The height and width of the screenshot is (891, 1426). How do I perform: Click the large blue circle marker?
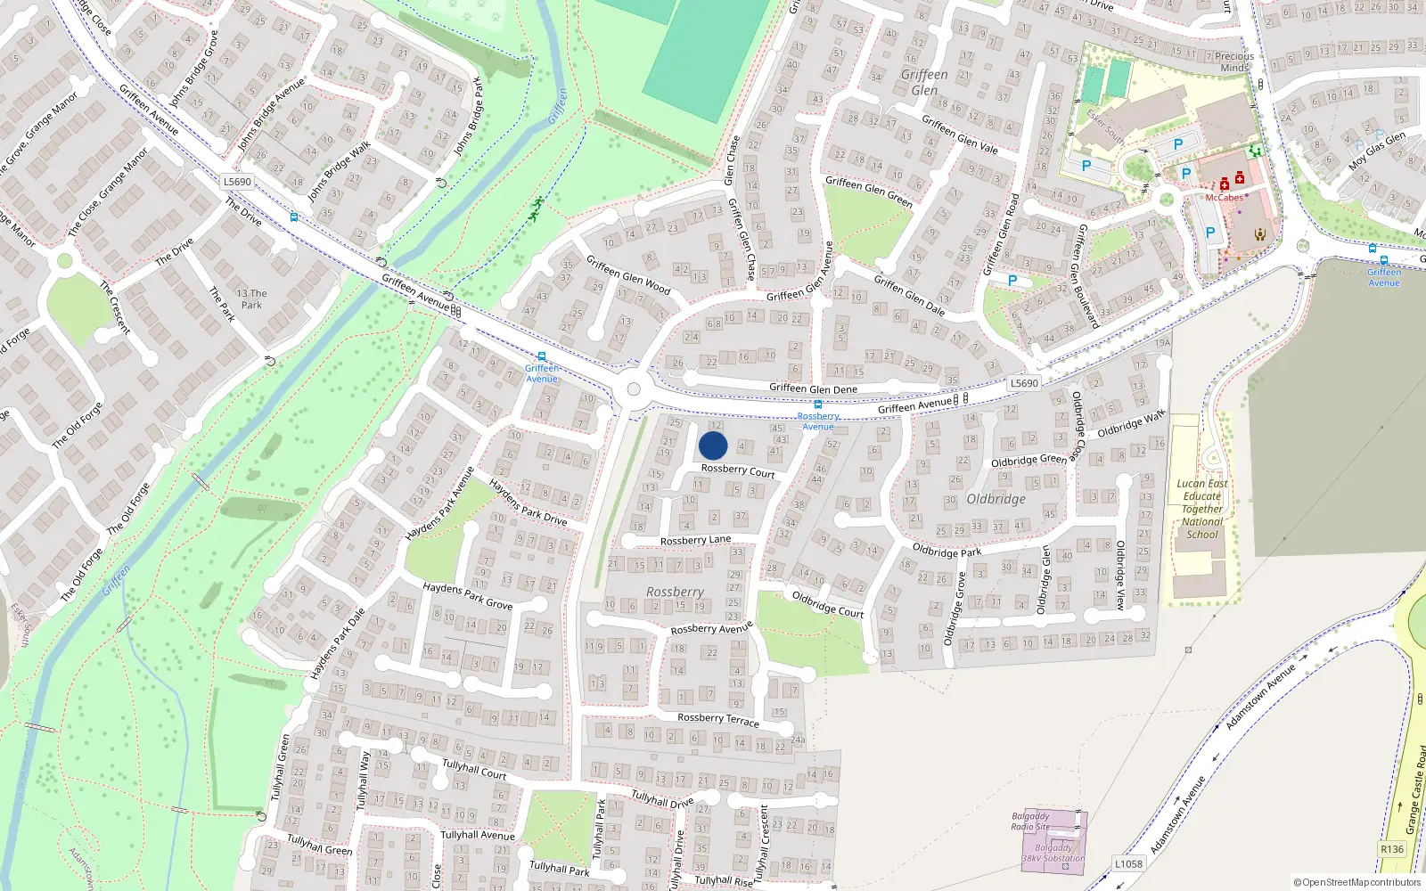713,445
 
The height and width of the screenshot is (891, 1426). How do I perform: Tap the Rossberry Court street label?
738,470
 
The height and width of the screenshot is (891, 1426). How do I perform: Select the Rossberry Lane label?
695,540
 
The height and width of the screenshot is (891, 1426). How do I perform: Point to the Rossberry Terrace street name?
717,719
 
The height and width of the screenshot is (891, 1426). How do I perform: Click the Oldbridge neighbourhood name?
996,499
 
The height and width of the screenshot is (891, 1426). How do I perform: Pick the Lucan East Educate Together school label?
1201,509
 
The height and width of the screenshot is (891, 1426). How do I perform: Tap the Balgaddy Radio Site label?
1030,821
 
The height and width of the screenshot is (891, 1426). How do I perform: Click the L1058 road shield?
1128,863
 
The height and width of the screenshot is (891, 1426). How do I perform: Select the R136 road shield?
1392,849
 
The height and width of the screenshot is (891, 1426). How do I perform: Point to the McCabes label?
1224,198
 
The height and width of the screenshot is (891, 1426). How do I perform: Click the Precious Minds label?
1234,61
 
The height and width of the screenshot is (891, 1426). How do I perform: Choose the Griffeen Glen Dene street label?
813,388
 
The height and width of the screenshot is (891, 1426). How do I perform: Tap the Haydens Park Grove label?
467,595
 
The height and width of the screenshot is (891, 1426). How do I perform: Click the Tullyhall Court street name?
474,770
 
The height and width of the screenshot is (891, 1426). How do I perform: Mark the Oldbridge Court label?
828,604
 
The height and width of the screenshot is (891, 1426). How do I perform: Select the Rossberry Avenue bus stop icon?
817,405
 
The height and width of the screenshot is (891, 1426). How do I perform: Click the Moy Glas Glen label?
1377,151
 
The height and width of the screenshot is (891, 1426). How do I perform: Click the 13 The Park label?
251,298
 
